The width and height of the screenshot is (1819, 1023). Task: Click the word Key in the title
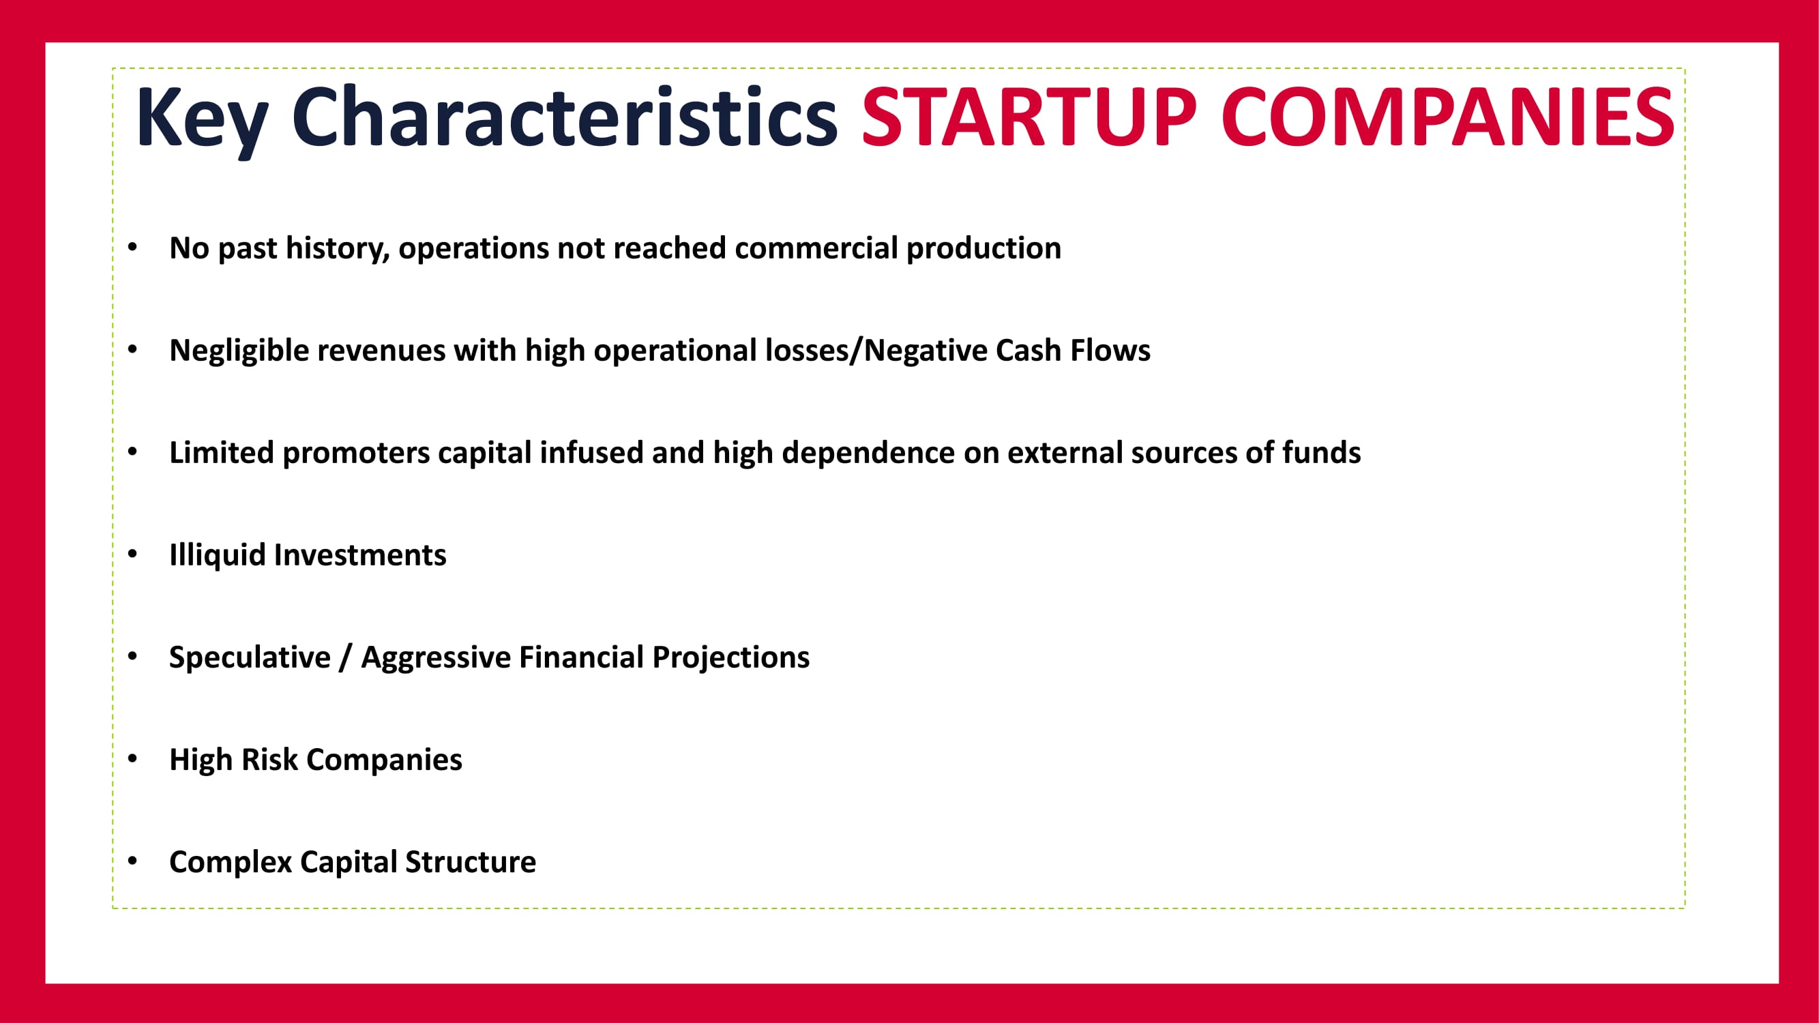[x=202, y=119]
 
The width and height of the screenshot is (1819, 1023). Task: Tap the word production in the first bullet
[x=984, y=249]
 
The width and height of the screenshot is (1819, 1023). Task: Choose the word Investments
[x=360, y=555]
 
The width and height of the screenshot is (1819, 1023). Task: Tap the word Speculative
[x=250, y=658]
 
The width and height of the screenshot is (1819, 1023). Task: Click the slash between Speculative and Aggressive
[x=345, y=658]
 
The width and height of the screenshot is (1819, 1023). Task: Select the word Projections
[x=731, y=658]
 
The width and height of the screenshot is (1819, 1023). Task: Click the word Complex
[x=231, y=863]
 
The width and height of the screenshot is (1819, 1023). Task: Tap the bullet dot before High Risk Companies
[x=133, y=759]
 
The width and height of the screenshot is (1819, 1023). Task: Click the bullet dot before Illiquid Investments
[x=133, y=554]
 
